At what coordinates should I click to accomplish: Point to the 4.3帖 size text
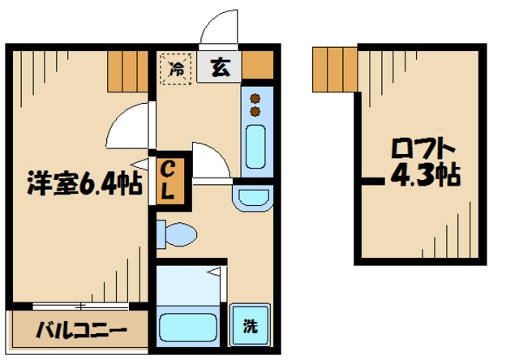(x=426, y=175)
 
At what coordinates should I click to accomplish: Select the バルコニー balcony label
(x=81, y=330)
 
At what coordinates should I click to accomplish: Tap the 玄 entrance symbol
(x=220, y=68)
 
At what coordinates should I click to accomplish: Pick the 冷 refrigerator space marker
(x=176, y=68)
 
